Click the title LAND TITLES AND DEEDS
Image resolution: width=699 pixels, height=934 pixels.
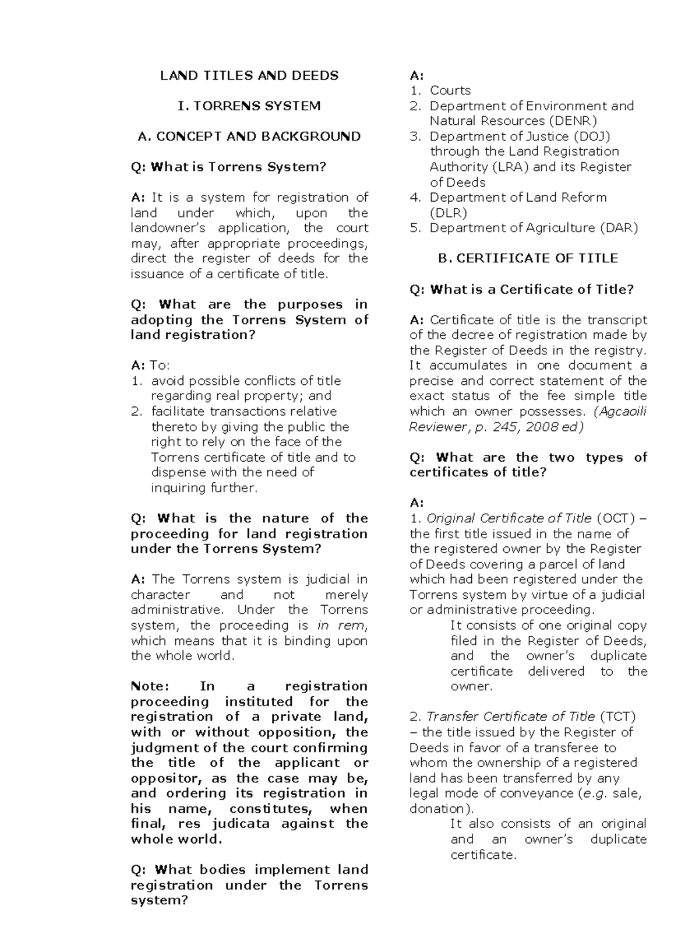point(249,75)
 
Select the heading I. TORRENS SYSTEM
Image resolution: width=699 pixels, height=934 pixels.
point(249,106)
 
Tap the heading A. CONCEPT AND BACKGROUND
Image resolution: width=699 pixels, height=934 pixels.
point(249,136)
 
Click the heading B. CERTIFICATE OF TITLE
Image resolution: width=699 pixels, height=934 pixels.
point(528,258)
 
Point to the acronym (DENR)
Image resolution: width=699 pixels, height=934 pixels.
point(573,121)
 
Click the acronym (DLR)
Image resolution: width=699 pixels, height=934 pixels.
point(449,213)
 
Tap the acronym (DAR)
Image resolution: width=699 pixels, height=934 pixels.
point(619,228)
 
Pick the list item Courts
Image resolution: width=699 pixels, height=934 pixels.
point(450,90)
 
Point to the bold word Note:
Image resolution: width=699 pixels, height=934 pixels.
point(150,686)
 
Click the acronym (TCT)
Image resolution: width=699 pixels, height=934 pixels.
point(617,717)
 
